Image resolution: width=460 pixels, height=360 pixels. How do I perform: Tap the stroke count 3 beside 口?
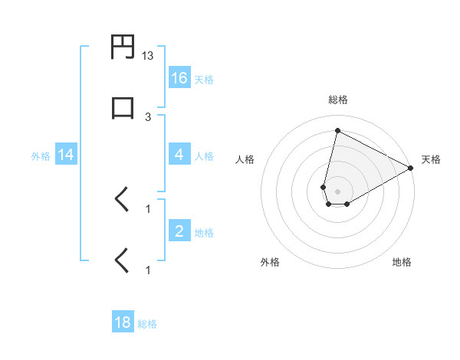[x=148, y=116]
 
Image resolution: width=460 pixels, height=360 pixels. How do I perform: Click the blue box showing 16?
[x=179, y=78]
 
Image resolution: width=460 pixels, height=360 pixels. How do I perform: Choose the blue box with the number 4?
[x=179, y=155]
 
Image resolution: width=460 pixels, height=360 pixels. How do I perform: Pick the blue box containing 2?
[x=179, y=232]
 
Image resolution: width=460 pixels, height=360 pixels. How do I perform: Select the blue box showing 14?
[x=66, y=155]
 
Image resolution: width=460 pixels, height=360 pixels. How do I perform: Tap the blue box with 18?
[x=123, y=322]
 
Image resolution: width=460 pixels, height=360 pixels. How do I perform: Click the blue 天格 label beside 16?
[x=204, y=80]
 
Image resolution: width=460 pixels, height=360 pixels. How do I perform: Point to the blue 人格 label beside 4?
[x=204, y=156]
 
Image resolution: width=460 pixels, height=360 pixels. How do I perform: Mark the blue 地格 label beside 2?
[x=204, y=233]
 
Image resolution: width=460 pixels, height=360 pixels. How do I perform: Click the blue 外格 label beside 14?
[x=41, y=156]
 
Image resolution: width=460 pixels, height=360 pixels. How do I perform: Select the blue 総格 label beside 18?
[x=147, y=324]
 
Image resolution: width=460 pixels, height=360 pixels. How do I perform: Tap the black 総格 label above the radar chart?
[x=337, y=100]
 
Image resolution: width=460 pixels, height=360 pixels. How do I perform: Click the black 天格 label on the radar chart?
[x=432, y=159]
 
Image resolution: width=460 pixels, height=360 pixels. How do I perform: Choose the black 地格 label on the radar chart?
[x=402, y=262]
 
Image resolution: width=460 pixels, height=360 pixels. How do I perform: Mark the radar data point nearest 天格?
[x=411, y=168]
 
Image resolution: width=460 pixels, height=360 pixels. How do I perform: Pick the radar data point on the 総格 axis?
[x=337, y=130]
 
